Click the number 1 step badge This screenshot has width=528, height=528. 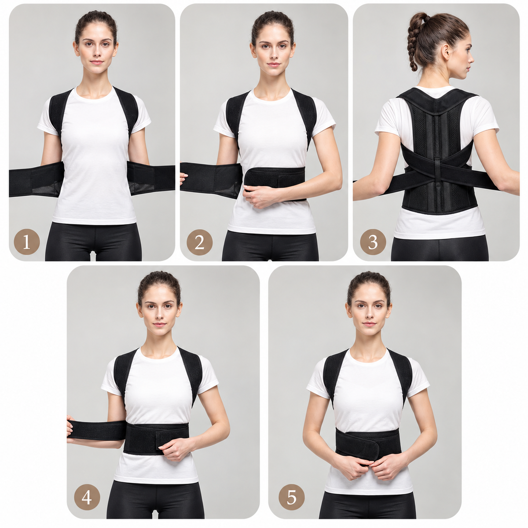26,242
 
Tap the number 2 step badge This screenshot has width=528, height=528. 199,242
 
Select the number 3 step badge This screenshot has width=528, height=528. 373,242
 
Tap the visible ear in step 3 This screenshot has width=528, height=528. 446,52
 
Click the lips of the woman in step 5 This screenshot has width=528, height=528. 369,324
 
